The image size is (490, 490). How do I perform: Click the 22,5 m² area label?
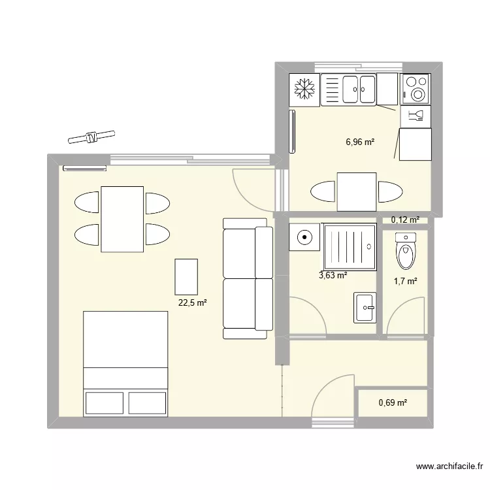[192, 302]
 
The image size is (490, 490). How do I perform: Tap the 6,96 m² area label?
[360, 141]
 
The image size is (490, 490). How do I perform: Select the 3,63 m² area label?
[333, 275]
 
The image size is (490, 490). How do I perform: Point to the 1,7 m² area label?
[404, 281]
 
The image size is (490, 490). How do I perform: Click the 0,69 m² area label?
[393, 402]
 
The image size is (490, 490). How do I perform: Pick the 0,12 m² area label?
[405, 220]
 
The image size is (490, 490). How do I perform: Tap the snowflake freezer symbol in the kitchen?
[304, 89]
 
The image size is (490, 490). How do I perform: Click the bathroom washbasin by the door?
[365, 307]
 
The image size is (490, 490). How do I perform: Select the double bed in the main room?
[126, 363]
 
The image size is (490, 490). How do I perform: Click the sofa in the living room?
[248, 278]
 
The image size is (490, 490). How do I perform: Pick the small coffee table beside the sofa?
[186, 276]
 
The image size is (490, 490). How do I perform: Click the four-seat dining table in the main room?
[122, 219]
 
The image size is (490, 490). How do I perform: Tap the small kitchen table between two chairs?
[356, 192]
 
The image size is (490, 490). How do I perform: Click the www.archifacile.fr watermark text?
[450, 466]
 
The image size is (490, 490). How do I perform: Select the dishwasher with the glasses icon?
[416, 116]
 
